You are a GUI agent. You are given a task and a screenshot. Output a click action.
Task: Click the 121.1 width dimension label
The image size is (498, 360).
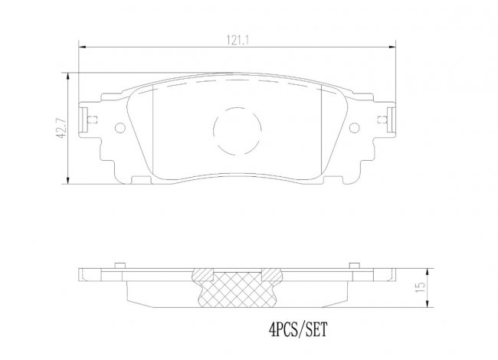pos(237,41)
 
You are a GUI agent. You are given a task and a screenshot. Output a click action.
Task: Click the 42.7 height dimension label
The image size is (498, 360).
pos(61,128)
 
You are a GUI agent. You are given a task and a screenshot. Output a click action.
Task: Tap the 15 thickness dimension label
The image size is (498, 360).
pos(420,287)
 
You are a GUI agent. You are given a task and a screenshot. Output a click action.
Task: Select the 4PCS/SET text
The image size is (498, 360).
pos(297,329)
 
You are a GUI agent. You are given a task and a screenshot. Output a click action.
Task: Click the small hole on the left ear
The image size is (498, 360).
pos(120,128)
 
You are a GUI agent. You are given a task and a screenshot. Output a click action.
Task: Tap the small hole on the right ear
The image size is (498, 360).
pos(354,128)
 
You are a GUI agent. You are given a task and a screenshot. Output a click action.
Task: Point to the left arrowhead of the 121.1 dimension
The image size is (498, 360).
pos(83,47)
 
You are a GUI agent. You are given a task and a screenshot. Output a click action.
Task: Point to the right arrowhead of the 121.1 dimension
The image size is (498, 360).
pos(392,47)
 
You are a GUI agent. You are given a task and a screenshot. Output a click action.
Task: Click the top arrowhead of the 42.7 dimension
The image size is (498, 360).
pos(67,77)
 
